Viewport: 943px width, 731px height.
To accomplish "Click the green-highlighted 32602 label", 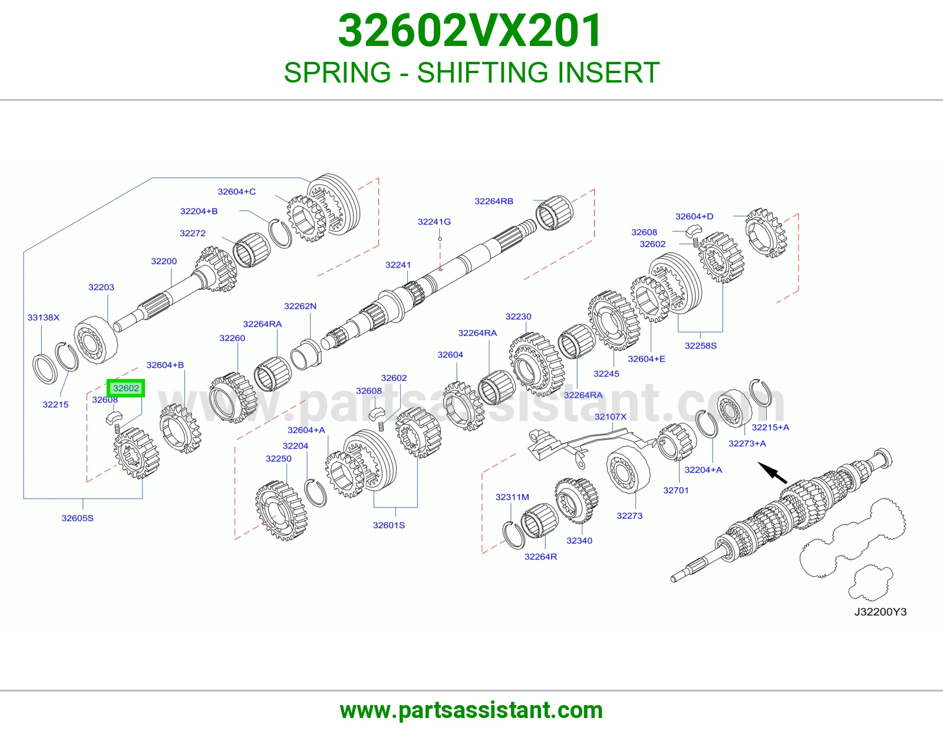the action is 126,388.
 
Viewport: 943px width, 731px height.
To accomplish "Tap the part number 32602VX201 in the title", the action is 470,31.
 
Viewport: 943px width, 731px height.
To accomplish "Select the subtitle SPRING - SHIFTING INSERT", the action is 471,73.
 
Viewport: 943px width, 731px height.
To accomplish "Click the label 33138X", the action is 44,317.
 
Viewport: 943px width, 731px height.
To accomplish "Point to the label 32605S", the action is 78,518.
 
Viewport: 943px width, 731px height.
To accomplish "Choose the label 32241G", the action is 434,222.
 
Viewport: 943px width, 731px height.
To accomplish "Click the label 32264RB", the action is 494,201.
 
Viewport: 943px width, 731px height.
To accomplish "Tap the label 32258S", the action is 700,345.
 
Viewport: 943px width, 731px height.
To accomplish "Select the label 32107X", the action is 611,417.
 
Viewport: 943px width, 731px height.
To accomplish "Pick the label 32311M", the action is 512,497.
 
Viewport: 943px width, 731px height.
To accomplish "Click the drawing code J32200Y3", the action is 881,612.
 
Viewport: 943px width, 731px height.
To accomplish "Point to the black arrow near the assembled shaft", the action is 773,473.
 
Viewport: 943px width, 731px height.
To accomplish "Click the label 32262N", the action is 301,306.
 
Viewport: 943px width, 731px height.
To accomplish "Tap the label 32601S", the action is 389,525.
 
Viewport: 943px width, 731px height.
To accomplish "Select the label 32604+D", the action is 694,216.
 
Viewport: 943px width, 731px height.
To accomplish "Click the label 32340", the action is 579,541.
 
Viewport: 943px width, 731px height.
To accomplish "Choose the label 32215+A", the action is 770,427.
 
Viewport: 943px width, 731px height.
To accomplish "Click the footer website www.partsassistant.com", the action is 471,710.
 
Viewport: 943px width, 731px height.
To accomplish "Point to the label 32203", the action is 101,287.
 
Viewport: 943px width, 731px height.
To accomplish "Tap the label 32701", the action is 676,490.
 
